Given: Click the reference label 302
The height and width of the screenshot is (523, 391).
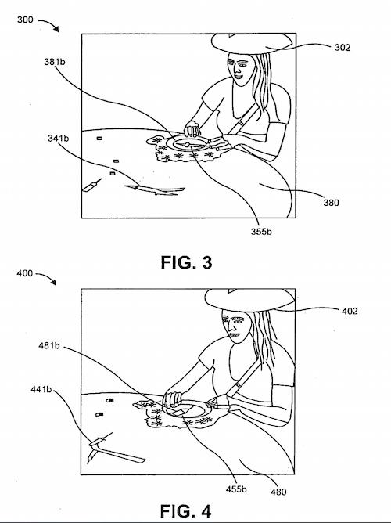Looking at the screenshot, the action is tap(343, 48).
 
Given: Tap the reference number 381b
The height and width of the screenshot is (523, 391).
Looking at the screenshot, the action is tap(55, 62).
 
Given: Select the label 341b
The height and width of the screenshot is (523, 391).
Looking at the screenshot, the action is tap(59, 138).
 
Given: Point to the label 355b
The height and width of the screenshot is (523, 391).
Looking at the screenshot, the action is tap(261, 232).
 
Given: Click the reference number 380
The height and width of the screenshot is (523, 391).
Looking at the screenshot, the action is tap(331, 203).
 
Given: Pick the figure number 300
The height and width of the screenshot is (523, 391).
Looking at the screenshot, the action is tap(25, 20).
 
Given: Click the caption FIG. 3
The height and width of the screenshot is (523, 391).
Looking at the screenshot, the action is tap(186, 262).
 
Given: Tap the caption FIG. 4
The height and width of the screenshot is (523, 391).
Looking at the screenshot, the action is tap(185, 511).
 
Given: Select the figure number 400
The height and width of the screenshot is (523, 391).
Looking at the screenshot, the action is tap(25, 273).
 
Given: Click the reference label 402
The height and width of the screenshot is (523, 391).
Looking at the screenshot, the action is tap(350, 311).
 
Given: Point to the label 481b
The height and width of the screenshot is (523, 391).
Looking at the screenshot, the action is tap(49, 346).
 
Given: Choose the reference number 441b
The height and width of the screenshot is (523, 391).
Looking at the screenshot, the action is tap(41, 389).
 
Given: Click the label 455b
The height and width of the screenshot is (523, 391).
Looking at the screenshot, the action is tap(236, 489).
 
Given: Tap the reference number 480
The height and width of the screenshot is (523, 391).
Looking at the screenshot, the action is tap(278, 492).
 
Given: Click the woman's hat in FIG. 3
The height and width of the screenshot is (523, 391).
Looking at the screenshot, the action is tap(252, 43).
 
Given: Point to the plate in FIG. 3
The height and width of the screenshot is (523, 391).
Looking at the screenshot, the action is tap(187, 143).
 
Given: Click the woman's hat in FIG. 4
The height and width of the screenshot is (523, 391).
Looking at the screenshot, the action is tap(249, 300).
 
